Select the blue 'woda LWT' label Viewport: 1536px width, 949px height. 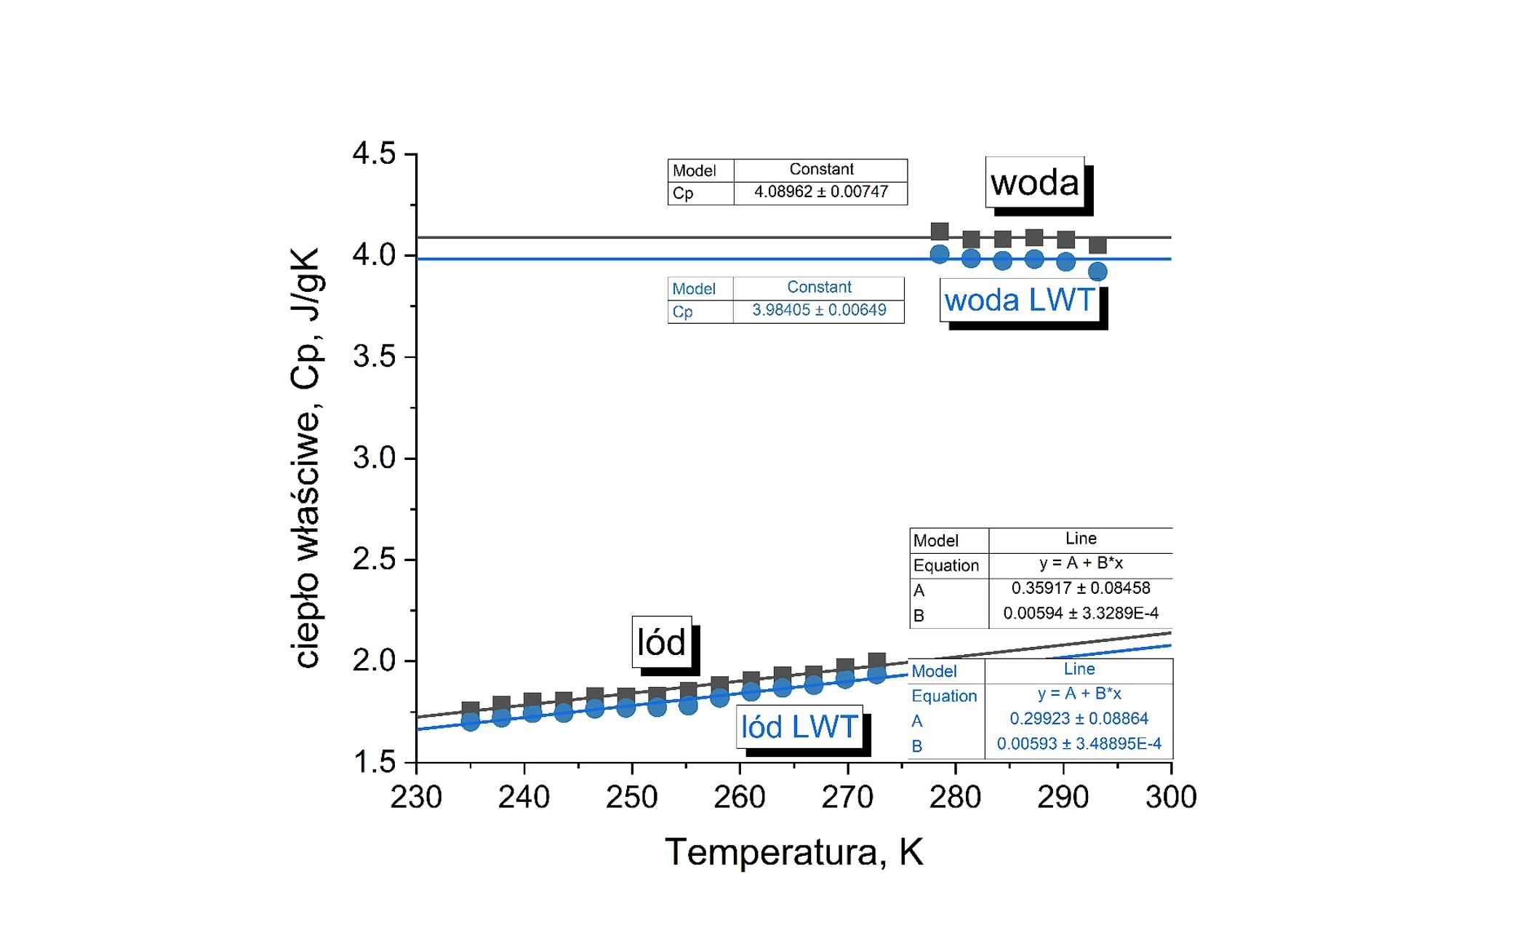click(x=1020, y=300)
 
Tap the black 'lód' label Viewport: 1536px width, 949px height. click(x=661, y=642)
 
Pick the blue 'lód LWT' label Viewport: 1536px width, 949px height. click(x=799, y=726)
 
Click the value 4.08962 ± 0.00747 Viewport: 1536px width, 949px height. click(x=820, y=192)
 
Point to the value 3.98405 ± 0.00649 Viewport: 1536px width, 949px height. click(x=819, y=310)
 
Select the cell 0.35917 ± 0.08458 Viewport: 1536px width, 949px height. click(x=1080, y=588)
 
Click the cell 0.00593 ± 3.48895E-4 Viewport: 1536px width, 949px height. click(x=1079, y=744)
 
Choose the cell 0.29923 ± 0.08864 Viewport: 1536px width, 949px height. click(x=1079, y=718)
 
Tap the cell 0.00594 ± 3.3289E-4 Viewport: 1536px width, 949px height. click(x=1080, y=614)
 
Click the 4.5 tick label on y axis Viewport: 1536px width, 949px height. click(x=374, y=154)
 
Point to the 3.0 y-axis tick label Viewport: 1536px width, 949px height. click(x=374, y=458)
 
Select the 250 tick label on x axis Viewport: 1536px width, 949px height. click(x=631, y=798)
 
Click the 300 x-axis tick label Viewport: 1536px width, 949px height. click(x=1170, y=798)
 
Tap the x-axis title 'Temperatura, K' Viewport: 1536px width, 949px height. click(x=793, y=851)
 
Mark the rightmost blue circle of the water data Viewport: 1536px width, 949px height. click(x=1097, y=271)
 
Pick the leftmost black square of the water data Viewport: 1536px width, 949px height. click(x=940, y=231)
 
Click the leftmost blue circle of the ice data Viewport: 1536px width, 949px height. click(x=471, y=722)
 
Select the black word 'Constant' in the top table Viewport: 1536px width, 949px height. click(x=821, y=169)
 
